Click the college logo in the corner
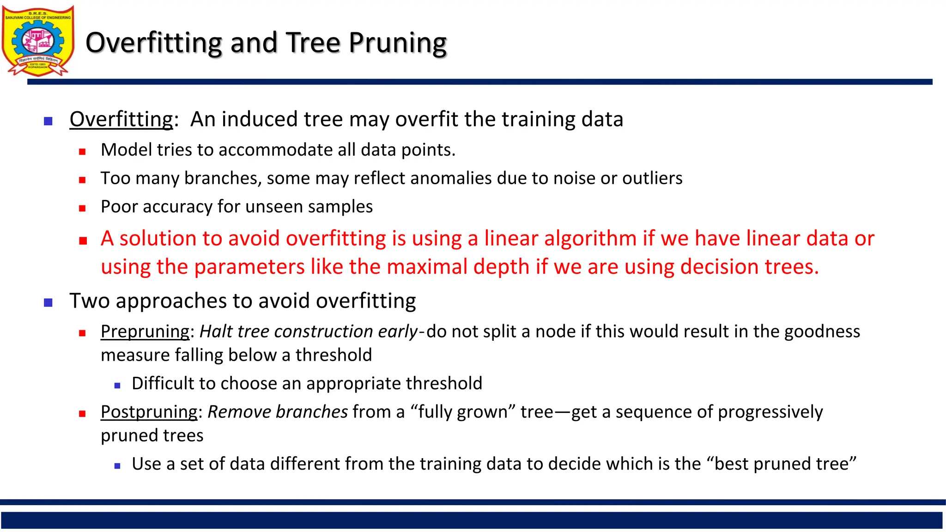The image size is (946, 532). click(x=38, y=41)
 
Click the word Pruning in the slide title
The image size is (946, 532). click(x=397, y=43)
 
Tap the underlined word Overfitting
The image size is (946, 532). click(x=121, y=119)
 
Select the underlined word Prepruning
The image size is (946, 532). click(x=145, y=332)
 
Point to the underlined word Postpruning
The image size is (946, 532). click(x=149, y=412)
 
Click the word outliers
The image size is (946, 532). click(x=652, y=178)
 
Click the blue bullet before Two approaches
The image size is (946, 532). click(x=48, y=303)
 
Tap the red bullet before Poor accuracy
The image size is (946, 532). click(x=82, y=208)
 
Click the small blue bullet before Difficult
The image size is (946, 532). click(x=117, y=385)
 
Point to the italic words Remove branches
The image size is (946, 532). click(x=277, y=412)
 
